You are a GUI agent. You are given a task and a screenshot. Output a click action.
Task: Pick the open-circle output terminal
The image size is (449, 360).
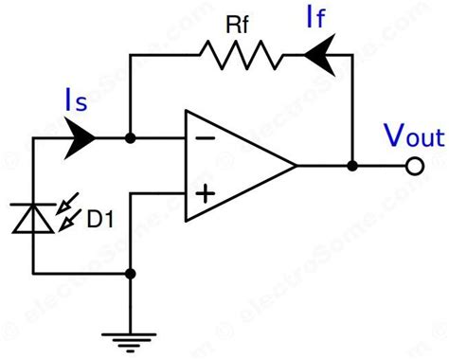coord(413,166)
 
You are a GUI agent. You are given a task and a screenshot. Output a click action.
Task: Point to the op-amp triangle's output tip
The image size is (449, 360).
coord(296,166)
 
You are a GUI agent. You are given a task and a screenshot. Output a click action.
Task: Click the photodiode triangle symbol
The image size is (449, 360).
coord(33,217)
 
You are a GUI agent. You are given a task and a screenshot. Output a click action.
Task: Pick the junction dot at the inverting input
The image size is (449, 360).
coord(130,138)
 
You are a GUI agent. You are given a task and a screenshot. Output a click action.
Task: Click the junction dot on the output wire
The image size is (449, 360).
coord(352,166)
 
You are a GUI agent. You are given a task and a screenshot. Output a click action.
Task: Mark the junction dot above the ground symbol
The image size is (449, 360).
coord(130,275)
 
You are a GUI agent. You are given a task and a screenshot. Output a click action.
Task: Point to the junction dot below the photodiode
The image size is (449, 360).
coord(130,275)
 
